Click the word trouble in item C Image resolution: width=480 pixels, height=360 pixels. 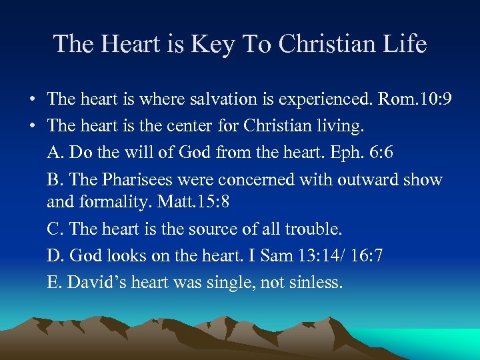pyautogui.click(x=313, y=229)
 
